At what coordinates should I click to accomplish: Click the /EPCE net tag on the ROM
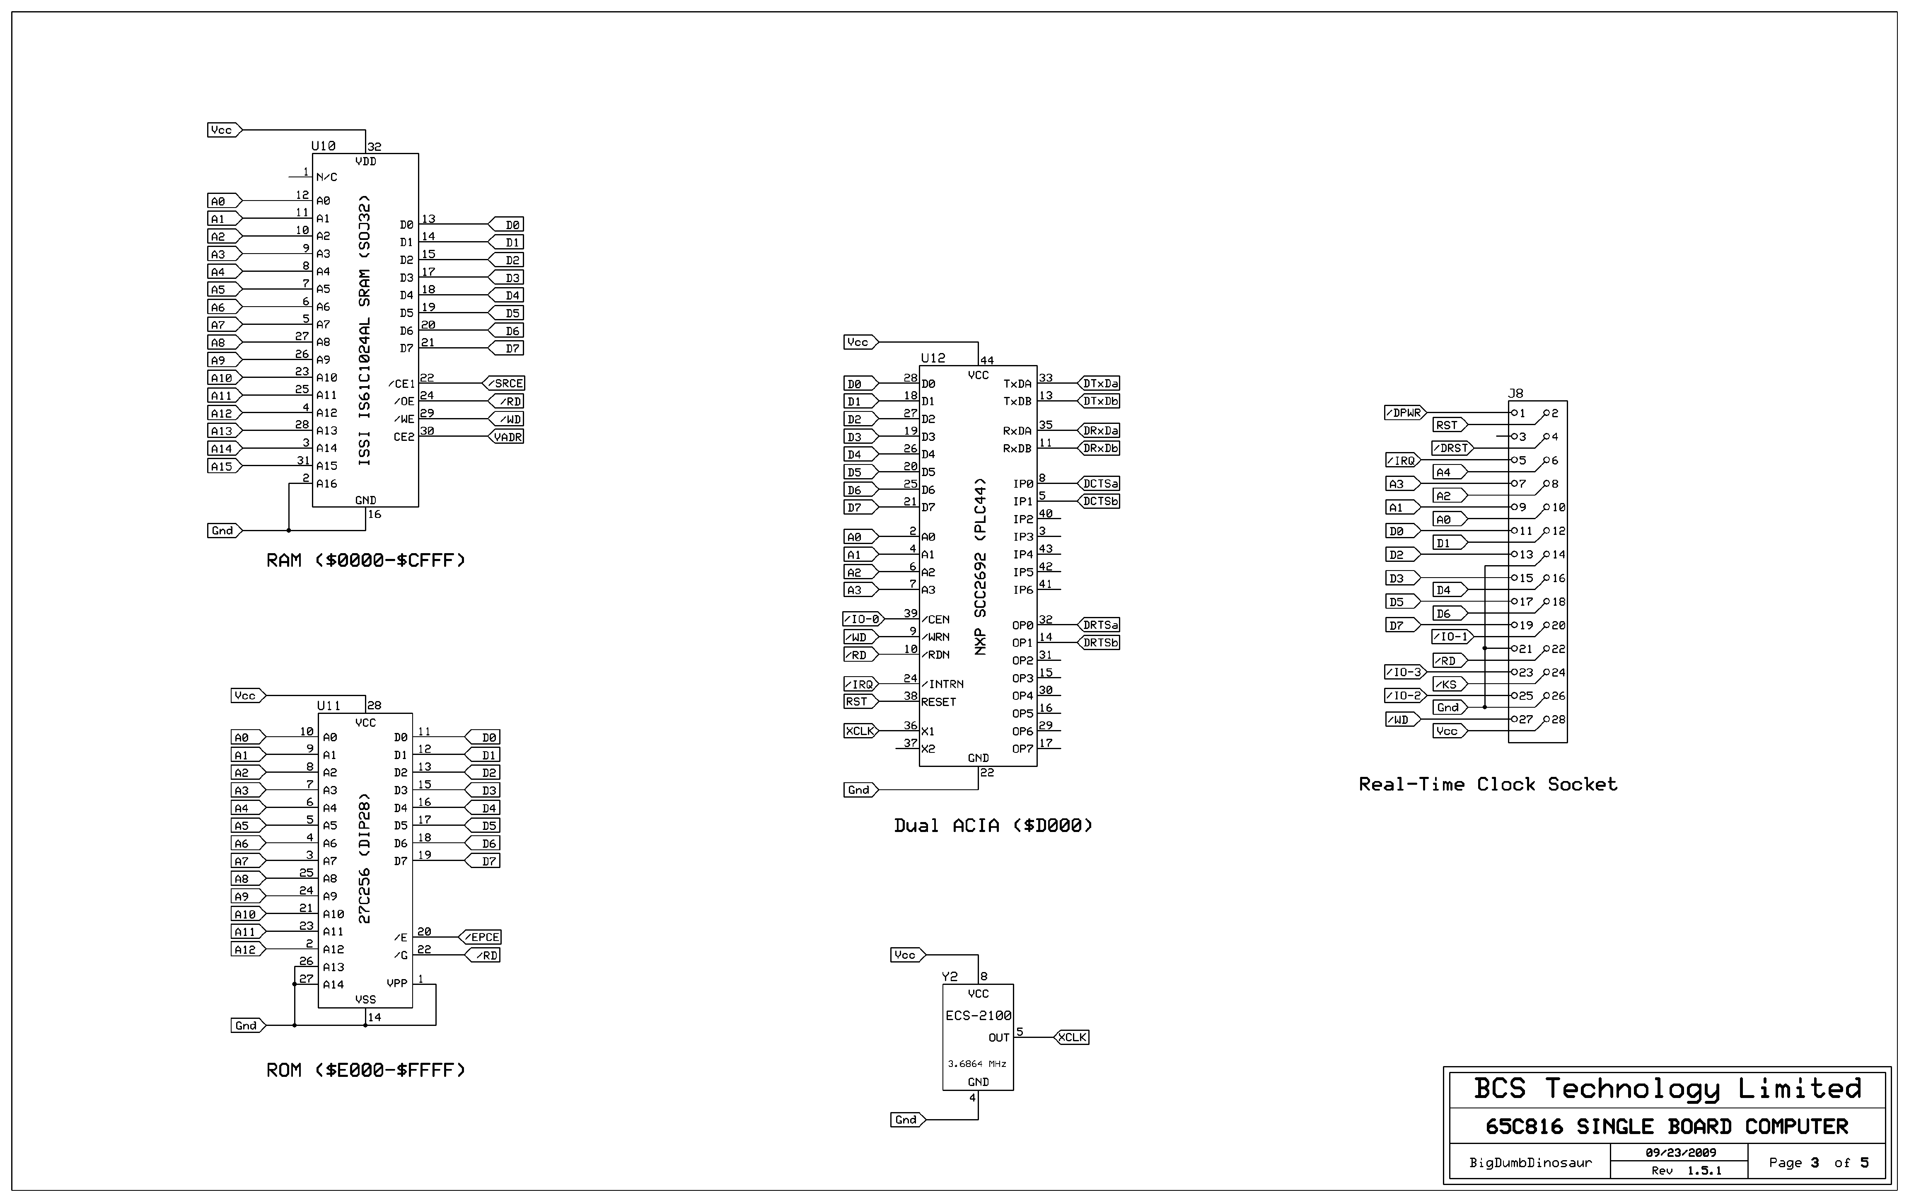click(x=482, y=937)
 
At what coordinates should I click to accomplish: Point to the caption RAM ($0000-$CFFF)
click(x=365, y=561)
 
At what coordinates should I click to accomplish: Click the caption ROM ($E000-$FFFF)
click(x=365, y=1070)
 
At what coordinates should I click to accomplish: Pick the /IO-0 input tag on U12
click(x=862, y=619)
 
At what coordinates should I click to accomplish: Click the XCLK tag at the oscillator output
click(x=1073, y=1037)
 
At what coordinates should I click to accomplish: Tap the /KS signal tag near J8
click(x=1448, y=684)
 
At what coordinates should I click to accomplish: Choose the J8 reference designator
click(x=1515, y=393)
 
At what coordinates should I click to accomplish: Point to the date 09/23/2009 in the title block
click(x=1680, y=1153)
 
